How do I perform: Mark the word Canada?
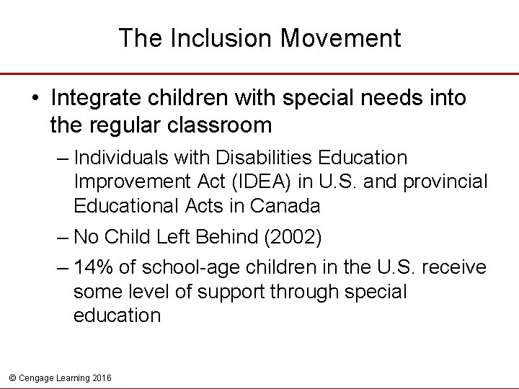(285, 206)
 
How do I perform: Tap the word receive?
(454, 267)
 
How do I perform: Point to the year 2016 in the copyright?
(102, 377)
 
